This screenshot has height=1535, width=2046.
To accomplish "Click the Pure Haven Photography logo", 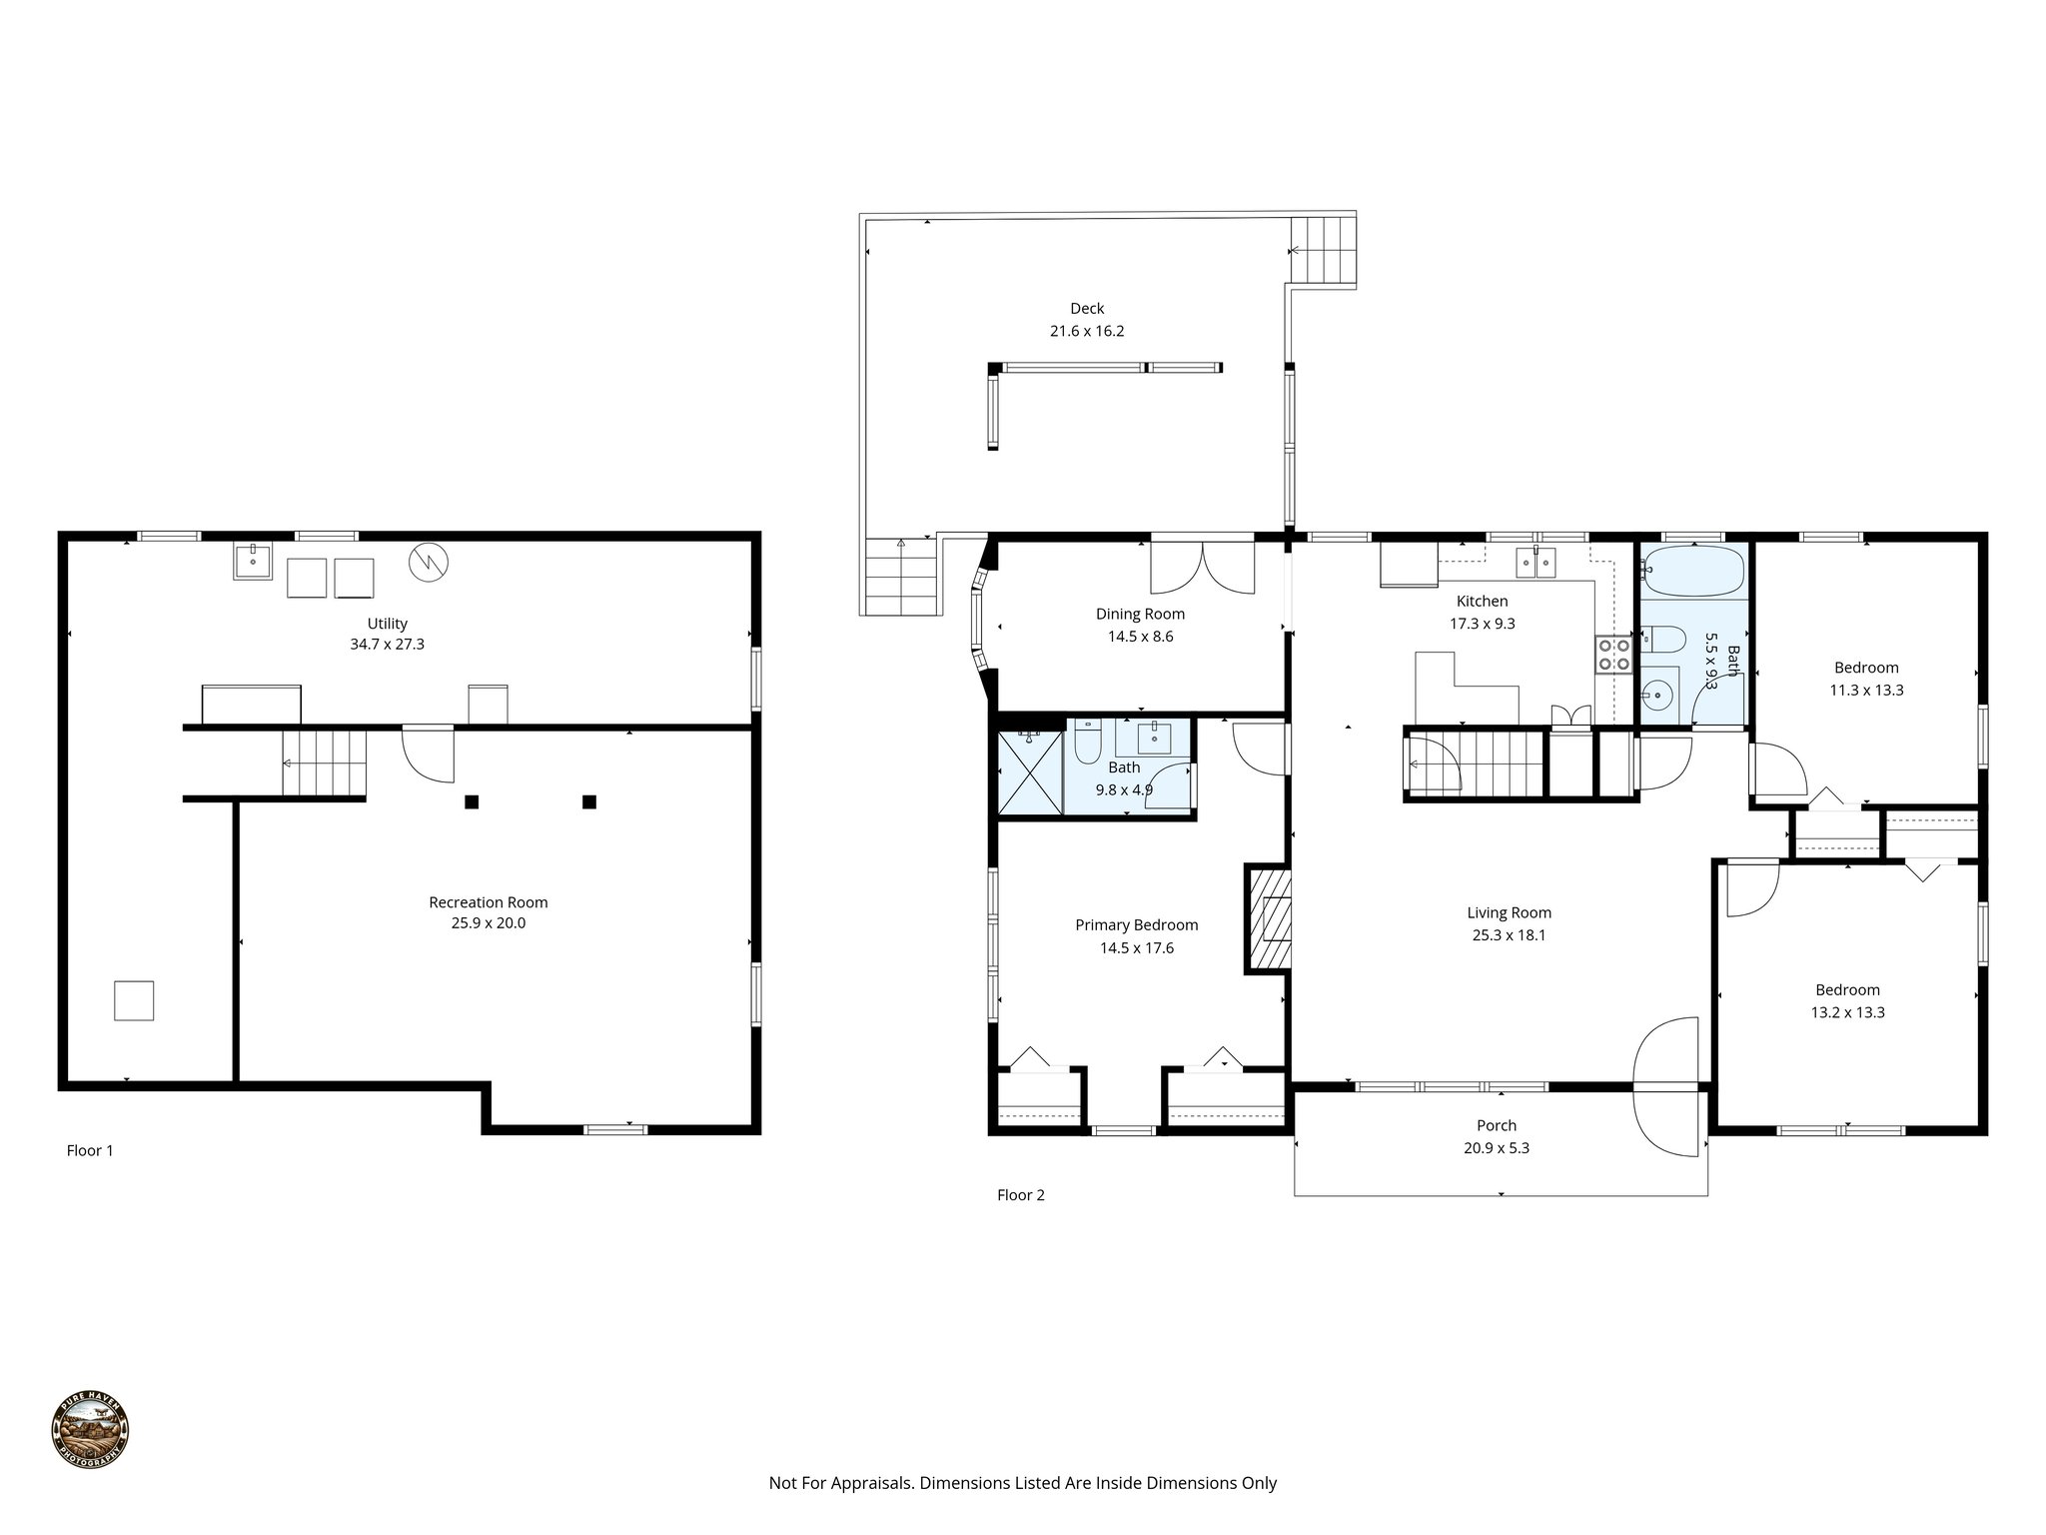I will tap(90, 1430).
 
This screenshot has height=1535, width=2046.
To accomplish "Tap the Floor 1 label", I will tap(90, 1150).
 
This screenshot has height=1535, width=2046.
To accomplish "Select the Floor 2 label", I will tap(1020, 1194).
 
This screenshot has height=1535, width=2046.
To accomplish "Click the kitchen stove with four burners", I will tap(1613, 655).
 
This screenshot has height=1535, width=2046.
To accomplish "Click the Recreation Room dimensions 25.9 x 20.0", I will tap(488, 923).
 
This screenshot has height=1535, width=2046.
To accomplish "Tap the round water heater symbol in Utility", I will tap(429, 563).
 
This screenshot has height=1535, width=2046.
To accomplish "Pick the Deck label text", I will tap(1087, 309).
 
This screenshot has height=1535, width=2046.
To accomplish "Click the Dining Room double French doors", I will tap(1202, 568).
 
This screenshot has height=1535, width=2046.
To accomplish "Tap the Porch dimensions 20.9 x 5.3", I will tap(1496, 1148).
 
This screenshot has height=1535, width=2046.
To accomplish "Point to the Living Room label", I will tap(1509, 912).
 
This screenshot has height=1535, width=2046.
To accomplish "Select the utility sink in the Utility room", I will tap(254, 561).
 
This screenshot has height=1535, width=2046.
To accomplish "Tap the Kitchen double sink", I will tap(1535, 563).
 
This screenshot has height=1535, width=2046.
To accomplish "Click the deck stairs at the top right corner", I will tap(1324, 250).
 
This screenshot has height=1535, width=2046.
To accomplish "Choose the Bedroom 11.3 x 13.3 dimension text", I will tap(1865, 690).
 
